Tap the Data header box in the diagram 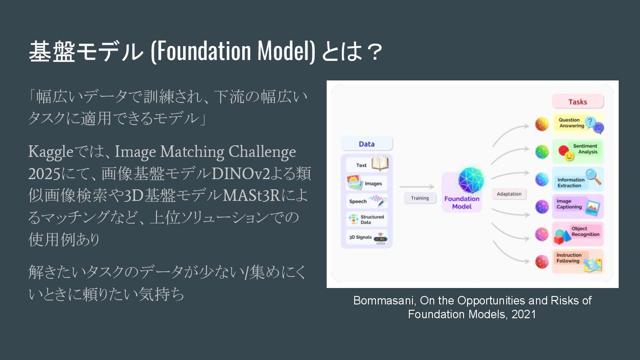pos(367,144)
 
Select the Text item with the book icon pos(367,164)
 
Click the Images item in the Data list pos(367,183)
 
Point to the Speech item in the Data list pos(367,201)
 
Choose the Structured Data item pos(367,219)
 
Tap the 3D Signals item pos(367,237)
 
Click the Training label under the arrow pos(420,198)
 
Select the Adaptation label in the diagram pos(509,194)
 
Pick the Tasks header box pos(578,102)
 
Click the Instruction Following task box pos(578,261)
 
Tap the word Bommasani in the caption pos(384,300)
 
